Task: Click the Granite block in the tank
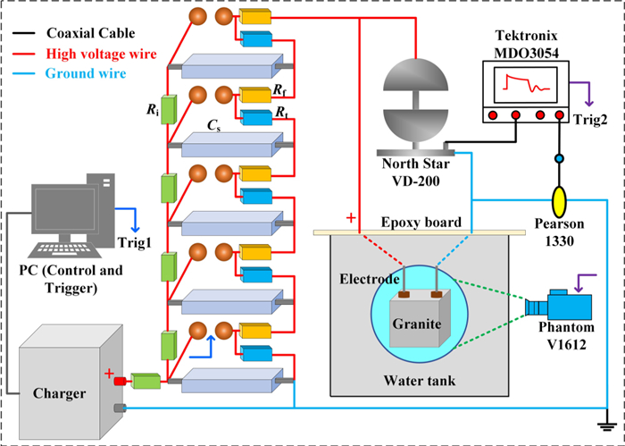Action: [415, 323]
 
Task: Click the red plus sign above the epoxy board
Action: [351, 218]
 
